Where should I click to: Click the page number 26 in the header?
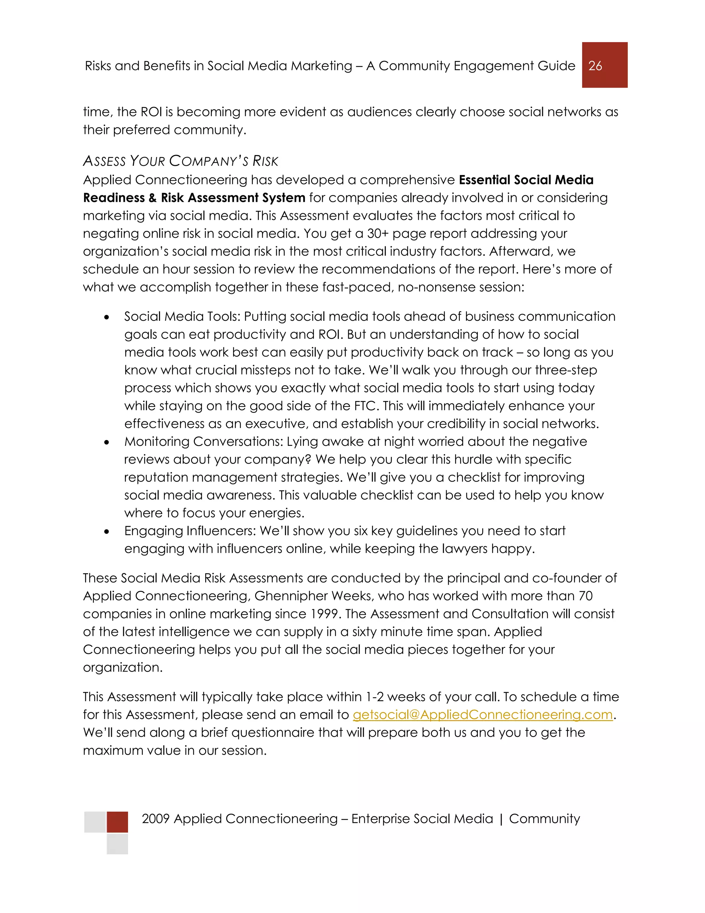pyautogui.click(x=595, y=65)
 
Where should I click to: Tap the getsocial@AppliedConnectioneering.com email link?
pyautogui.click(x=482, y=715)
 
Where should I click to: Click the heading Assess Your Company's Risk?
pyautogui.click(x=180, y=161)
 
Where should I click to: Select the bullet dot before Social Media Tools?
pyautogui.click(x=107, y=318)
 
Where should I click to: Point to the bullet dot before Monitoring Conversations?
pyautogui.click(x=107, y=442)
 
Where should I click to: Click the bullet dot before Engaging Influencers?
pyautogui.click(x=107, y=532)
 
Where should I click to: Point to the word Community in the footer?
pyautogui.click(x=544, y=819)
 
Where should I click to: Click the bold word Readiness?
pyautogui.click(x=114, y=198)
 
